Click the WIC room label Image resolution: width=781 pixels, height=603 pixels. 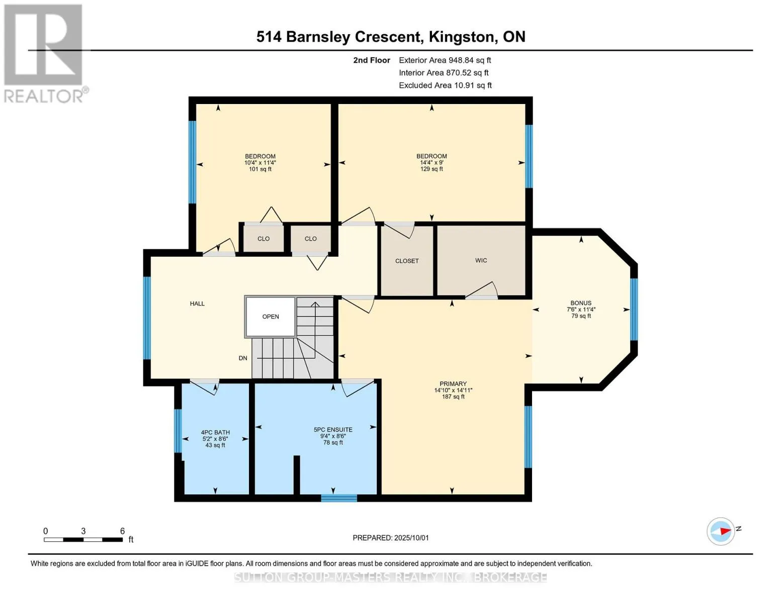tap(481, 260)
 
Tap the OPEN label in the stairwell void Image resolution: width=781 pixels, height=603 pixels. tap(270, 317)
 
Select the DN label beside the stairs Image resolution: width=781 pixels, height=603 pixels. tap(243, 358)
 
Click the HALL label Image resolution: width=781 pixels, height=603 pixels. tap(197, 304)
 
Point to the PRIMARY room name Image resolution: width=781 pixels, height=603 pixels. tap(453, 383)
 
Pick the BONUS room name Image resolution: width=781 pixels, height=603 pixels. tap(581, 303)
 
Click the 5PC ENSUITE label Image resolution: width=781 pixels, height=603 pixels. tap(333, 430)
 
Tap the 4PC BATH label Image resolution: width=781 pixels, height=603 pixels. tap(215, 433)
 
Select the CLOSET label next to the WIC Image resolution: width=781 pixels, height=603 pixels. tap(407, 261)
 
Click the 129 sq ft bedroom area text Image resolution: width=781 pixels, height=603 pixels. tap(431, 169)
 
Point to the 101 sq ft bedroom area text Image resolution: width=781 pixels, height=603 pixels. tap(260, 169)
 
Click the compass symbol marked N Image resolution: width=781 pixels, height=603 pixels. tap(720, 531)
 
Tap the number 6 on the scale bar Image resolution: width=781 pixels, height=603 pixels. tap(122, 531)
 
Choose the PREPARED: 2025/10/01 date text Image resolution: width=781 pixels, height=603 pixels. tap(391, 538)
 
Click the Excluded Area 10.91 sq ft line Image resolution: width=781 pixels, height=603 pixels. tap(445, 85)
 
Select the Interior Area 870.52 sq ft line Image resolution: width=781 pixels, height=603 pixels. tap(444, 72)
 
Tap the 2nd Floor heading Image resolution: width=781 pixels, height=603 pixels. tap(371, 60)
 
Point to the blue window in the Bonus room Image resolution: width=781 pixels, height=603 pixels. tap(634, 309)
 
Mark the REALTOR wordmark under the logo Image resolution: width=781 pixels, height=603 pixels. tap(43, 96)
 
